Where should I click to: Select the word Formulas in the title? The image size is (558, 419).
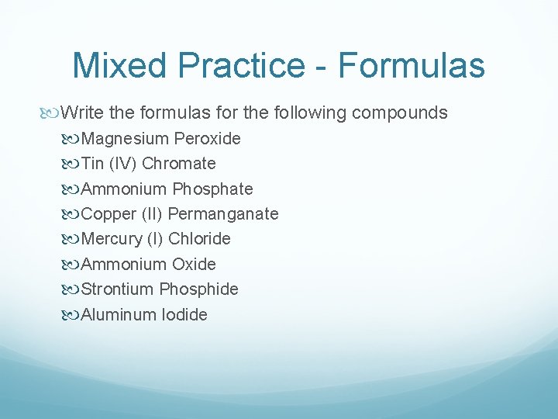pyautogui.click(x=412, y=65)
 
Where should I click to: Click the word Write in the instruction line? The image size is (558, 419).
pyautogui.click(x=82, y=113)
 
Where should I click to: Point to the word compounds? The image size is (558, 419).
pyautogui.click(x=399, y=113)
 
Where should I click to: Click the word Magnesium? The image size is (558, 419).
pyautogui.click(x=125, y=139)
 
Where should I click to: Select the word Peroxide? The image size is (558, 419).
pyautogui.click(x=208, y=139)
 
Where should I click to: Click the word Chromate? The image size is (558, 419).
pyautogui.click(x=179, y=164)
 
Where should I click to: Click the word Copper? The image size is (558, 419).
pyautogui.click(x=106, y=214)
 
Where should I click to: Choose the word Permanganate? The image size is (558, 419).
pyautogui.click(x=223, y=214)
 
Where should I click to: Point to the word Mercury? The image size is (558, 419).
pyautogui.click(x=111, y=239)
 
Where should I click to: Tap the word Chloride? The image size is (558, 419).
pyautogui.click(x=199, y=239)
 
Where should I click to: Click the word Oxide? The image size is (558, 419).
pyautogui.click(x=194, y=265)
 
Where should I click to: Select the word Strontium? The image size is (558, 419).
pyautogui.click(x=117, y=289)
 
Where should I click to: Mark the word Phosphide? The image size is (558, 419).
pyautogui.click(x=199, y=289)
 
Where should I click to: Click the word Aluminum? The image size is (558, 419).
pyautogui.click(x=119, y=315)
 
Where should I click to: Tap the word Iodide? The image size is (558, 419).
pyautogui.click(x=184, y=315)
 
